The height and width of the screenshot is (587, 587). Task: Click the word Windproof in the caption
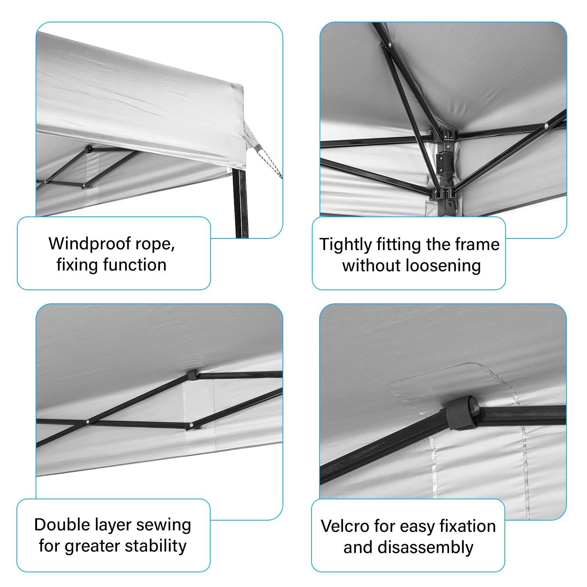pyautogui.click(x=90, y=244)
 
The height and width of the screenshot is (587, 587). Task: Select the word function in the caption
pyautogui.click(x=135, y=265)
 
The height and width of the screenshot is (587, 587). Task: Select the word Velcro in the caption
pyautogui.click(x=345, y=526)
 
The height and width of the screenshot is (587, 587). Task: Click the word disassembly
pyautogui.click(x=426, y=547)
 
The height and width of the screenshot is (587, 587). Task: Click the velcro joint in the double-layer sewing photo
pyautogui.click(x=193, y=375)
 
